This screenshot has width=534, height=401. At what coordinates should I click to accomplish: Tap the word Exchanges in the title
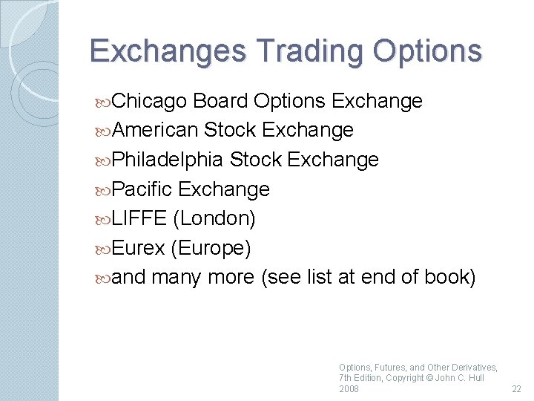point(168,50)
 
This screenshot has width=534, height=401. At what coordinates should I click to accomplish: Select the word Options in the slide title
point(427,50)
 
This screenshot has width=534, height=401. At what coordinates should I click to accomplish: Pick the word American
point(156,131)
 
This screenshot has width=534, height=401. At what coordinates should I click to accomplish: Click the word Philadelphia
point(168,160)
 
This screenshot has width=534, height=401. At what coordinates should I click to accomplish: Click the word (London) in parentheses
point(214,218)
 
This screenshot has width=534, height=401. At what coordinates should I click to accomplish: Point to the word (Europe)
point(210,248)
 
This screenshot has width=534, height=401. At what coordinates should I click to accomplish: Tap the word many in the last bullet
point(177,277)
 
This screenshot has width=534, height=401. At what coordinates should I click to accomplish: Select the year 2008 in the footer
point(349,389)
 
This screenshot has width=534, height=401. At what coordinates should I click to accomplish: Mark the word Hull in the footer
point(475,378)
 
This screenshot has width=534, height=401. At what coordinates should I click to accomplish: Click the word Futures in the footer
point(389,367)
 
